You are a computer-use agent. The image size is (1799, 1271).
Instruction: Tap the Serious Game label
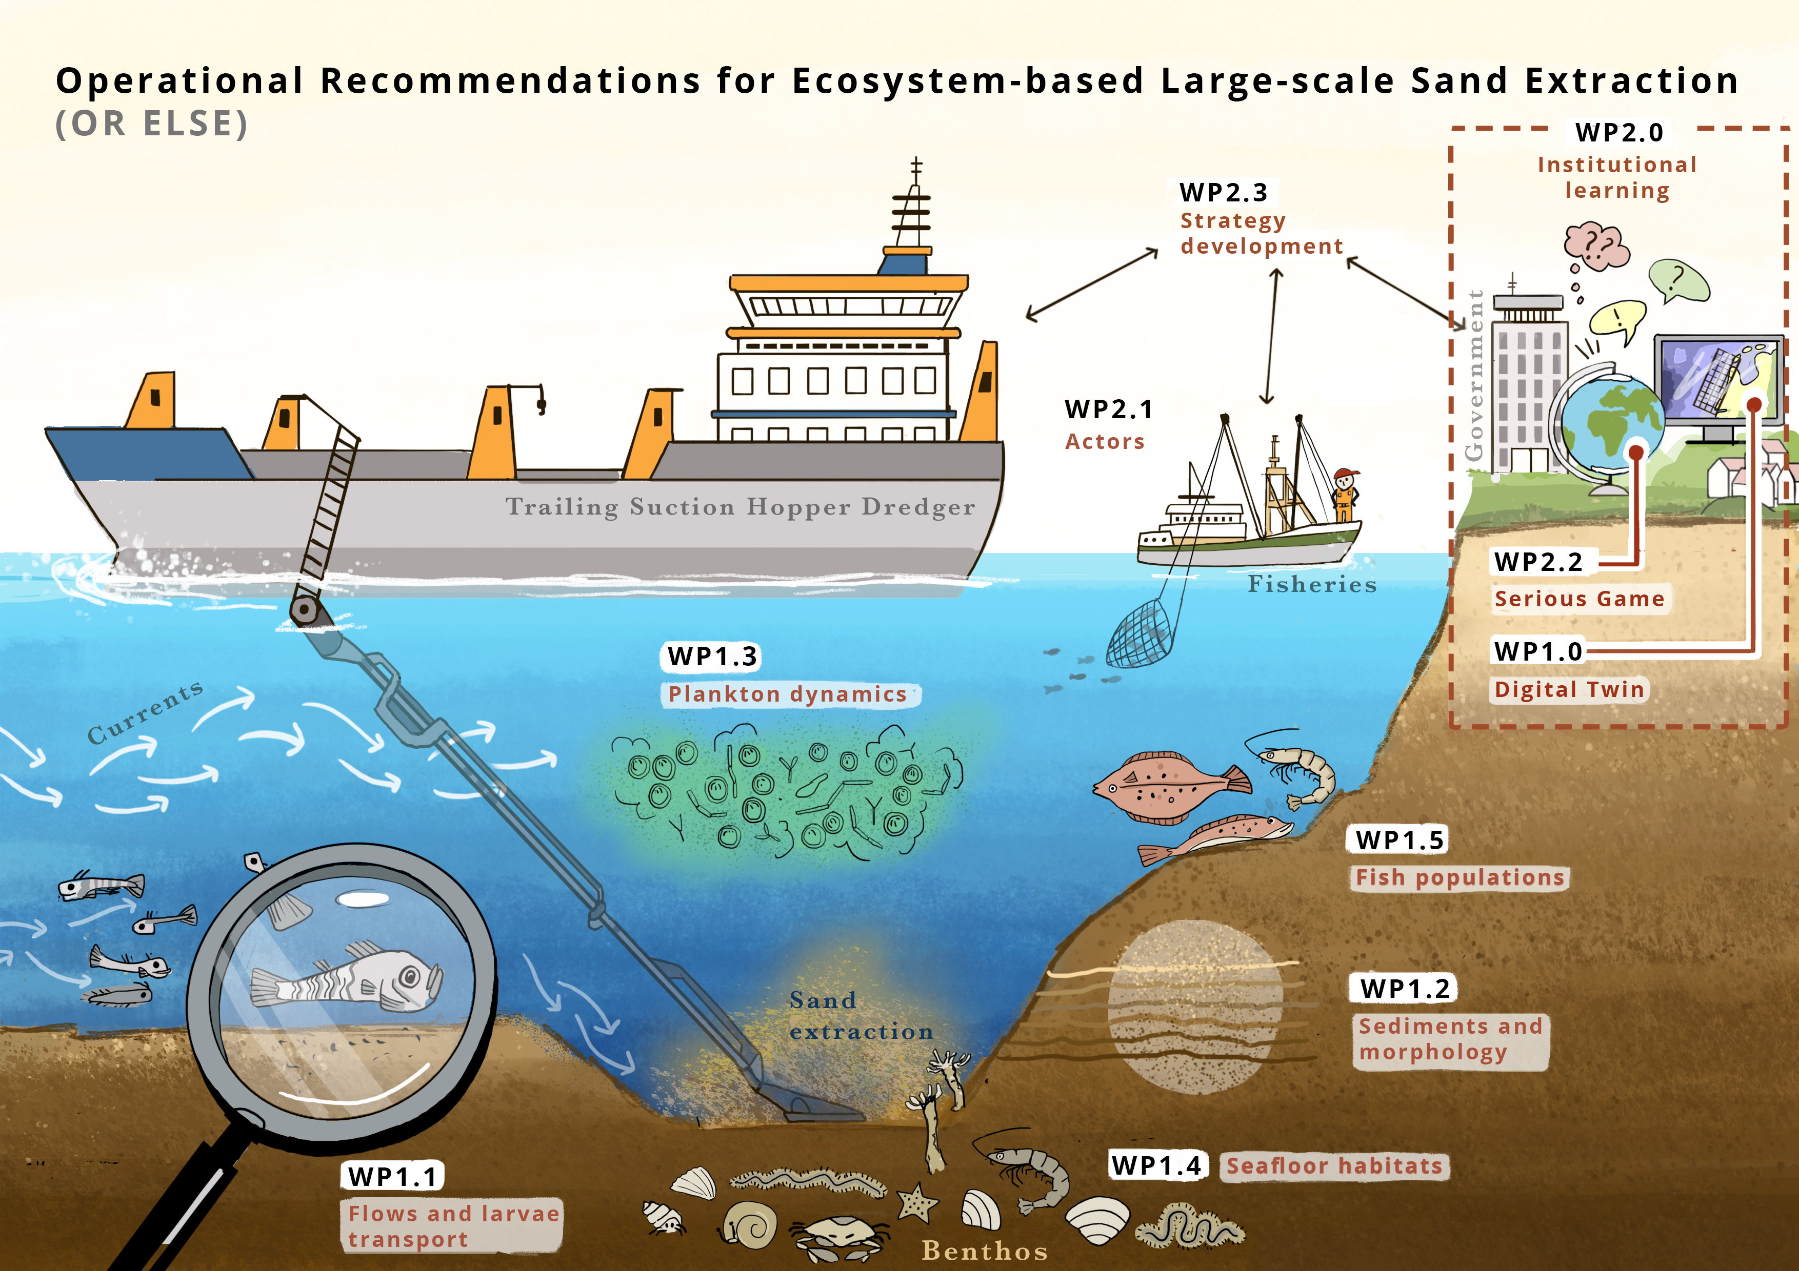pyautogui.click(x=1579, y=599)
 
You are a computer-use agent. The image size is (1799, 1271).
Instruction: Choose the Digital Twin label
pyautogui.click(x=1569, y=690)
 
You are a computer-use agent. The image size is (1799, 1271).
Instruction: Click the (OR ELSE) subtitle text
pyautogui.click(x=151, y=124)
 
